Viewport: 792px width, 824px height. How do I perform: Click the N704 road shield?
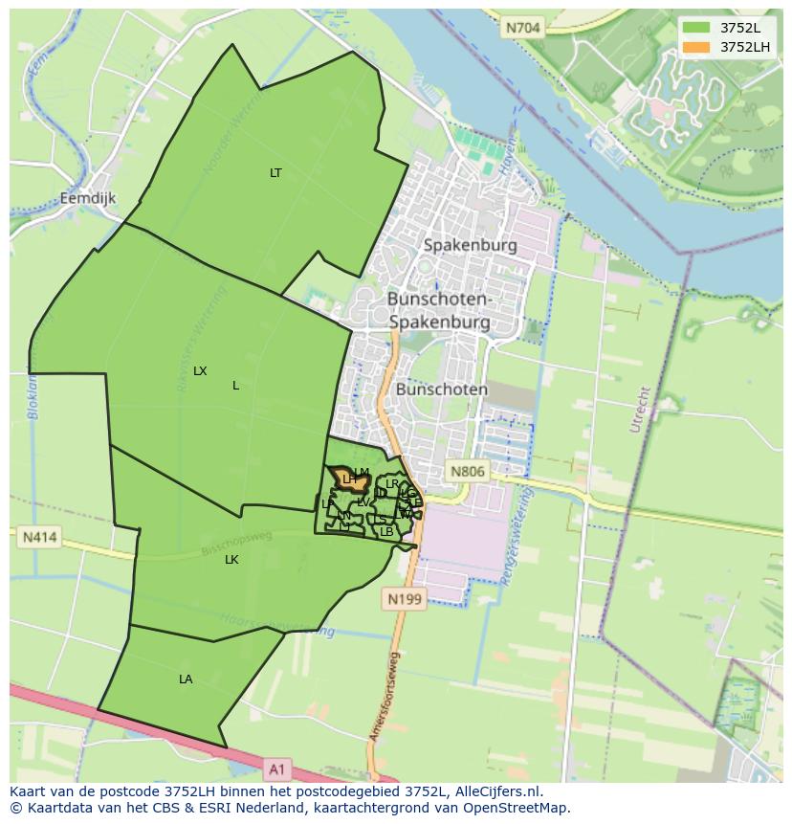(523, 28)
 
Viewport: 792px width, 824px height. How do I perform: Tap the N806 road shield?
(468, 471)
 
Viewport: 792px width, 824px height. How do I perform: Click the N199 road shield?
(404, 599)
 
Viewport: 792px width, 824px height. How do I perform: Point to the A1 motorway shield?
(276, 768)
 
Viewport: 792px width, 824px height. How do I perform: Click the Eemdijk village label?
(87, 198)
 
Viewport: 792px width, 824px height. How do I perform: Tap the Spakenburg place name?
(470, 245)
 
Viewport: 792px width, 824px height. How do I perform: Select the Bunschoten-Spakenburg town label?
(439, 310)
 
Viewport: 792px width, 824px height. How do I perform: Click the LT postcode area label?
(275, 173)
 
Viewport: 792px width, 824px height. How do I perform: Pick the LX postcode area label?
(200, 370)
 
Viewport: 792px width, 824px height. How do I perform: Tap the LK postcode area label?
(231, 560)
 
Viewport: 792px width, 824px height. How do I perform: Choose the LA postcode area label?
(186, 679)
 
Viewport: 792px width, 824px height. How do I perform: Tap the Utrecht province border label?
(641, 410)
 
